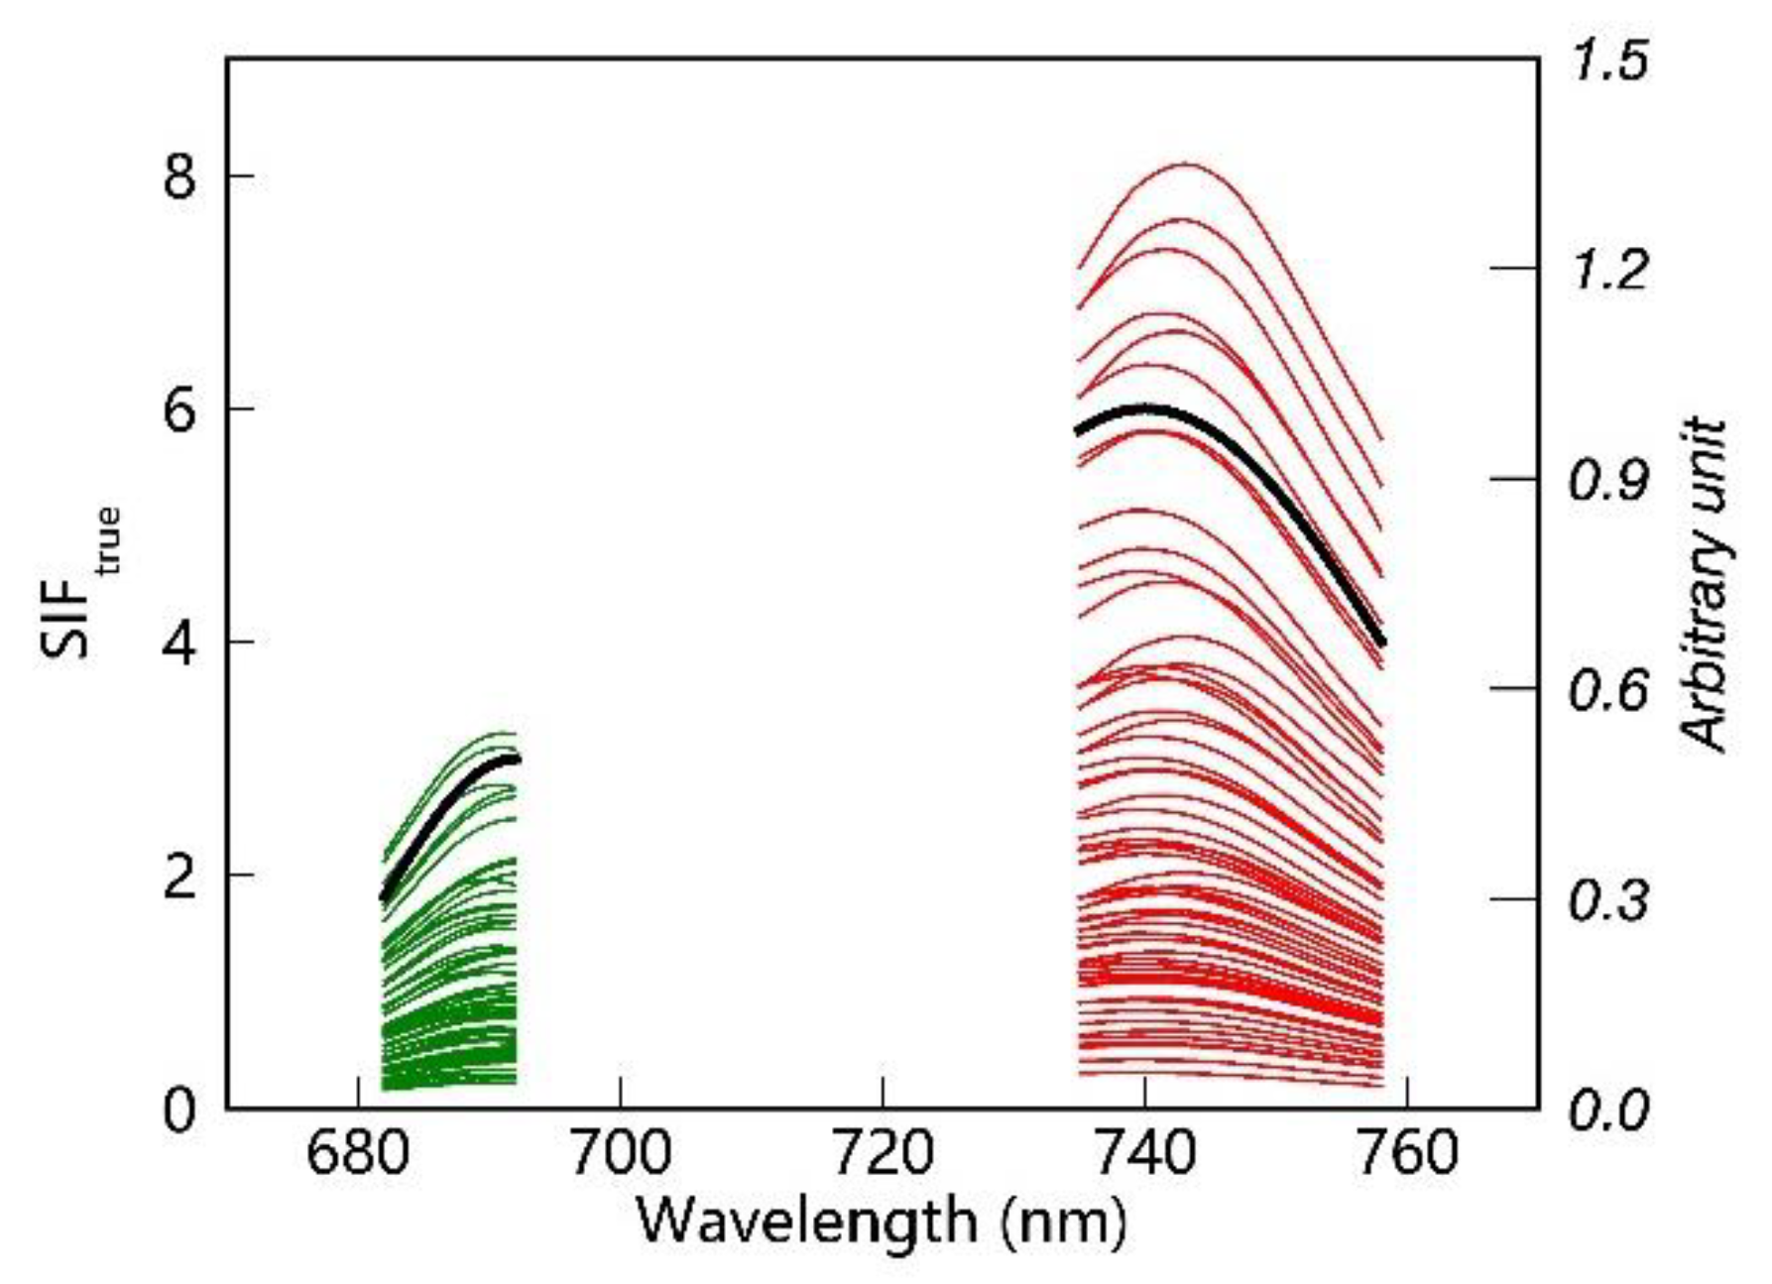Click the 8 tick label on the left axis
tap(179, 178)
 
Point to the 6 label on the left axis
tap(179, 410)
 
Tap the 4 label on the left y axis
tap(179, 643)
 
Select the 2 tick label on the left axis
tap(179, 876)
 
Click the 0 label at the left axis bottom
tap(179, 1109)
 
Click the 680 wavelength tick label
tap(358, 1154)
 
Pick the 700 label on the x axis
tap(621, 1154)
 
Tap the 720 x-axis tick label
tap(883, 1154)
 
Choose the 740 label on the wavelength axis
tap(1145, 1154)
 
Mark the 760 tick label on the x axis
tap(1408, 1154)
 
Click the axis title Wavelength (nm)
tap(882, 1221)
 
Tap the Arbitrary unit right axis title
tap(1707, 585)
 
